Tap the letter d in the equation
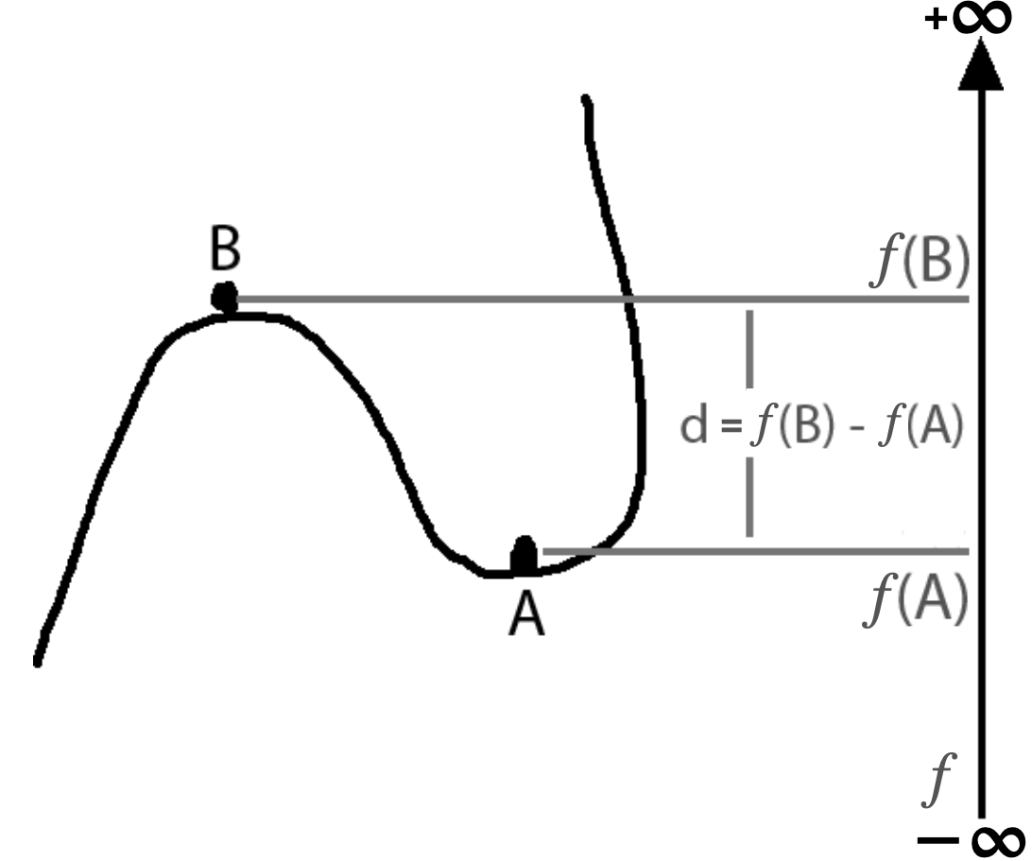point(694,428)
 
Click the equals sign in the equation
point(728,429)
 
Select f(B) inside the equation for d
point(790,428)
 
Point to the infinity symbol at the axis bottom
point(991,839)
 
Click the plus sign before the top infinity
point(936,20)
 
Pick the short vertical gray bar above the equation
point(750,349)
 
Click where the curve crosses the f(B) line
point(627,300)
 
